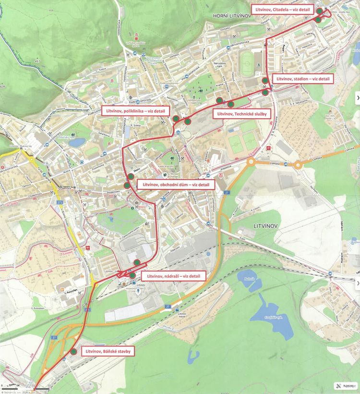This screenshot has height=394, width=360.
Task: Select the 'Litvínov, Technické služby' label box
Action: click(x=242, y=114)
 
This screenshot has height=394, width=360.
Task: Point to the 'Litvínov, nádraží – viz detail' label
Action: click(x=173, y=276)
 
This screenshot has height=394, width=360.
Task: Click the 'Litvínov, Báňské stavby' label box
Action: click(x=108, y=352)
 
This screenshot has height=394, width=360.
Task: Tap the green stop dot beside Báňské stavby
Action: click(x=73, y=352)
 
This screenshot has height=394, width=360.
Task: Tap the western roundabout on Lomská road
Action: click(x=251, y=162)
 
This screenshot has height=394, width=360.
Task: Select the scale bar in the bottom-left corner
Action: click(x=42, y=388)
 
